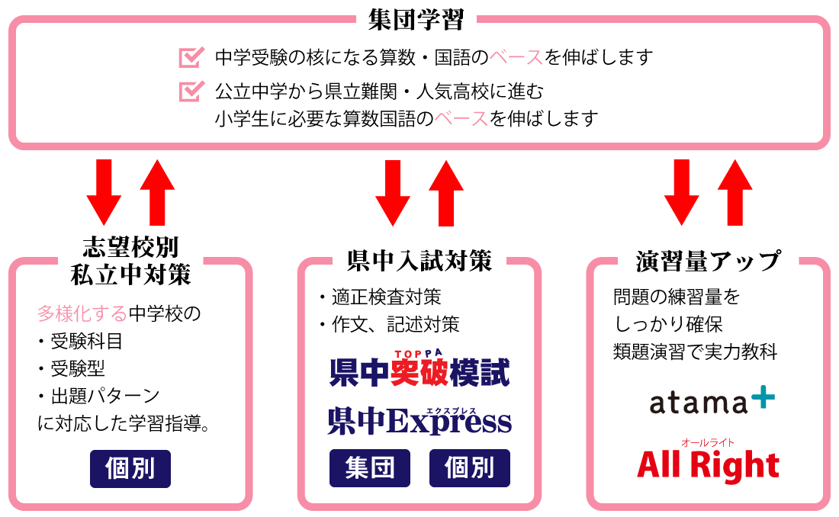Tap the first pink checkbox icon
pos(191,57)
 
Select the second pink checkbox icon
pos(191,92)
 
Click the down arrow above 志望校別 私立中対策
pos(104,191)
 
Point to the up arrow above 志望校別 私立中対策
pos(157,191)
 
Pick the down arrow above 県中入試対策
pos(394,191)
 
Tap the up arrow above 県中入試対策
pos(446,191)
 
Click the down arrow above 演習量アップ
pos(682,191)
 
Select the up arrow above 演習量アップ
pos(735,191)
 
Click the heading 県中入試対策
pos(419,261)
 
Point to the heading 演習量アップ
pos(709,261)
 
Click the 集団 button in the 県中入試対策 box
pos(370,468)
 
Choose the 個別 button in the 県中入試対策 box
pos(470,468)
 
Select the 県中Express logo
pos(419,420)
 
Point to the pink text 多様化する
pos(82,313)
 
